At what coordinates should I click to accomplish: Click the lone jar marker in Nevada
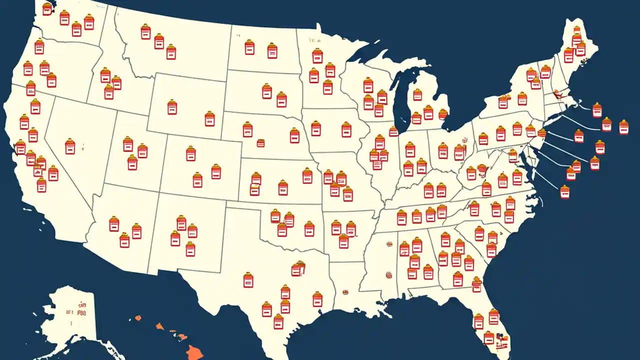click(70, 146)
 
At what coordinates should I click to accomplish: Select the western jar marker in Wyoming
click(172, 106)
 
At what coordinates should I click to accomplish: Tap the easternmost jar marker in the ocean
click(623, 127)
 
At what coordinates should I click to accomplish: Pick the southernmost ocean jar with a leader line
click(564, 191)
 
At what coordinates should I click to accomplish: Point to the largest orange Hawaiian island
click(194, 353)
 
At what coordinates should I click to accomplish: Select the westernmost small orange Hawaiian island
click(138, 317)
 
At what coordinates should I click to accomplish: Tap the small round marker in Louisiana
click(345, 291)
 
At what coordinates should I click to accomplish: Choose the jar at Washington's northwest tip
click(47, 8)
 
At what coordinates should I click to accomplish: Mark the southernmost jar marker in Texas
click(278, 321)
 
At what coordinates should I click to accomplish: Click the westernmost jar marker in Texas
click(248, 280)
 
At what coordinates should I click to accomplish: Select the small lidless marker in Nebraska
click(260, 143)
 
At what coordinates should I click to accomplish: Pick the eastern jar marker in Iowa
click(346, 129)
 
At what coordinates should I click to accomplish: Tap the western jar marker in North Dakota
click(249, 47)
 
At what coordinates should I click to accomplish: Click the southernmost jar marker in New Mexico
click(190, 248)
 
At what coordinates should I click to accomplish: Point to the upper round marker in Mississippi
click(388, 244)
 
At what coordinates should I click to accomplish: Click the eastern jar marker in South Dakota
click(281, 99)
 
